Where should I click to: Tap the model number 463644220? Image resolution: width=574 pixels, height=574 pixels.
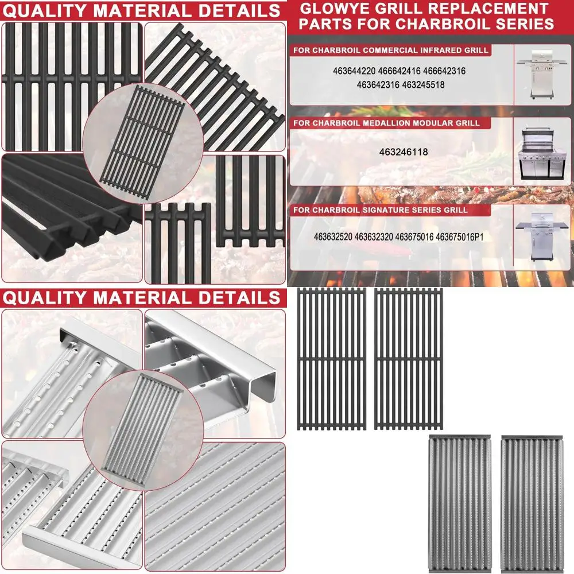coord(354,72)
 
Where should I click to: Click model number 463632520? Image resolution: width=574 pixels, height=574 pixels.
coord(333,236)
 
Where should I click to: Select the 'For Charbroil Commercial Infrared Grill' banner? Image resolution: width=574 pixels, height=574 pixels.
coord(391,51)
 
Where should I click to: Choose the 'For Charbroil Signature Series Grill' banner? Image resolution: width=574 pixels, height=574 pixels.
coord(381,210)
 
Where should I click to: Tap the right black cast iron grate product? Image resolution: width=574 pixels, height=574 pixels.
coord(409,359)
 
